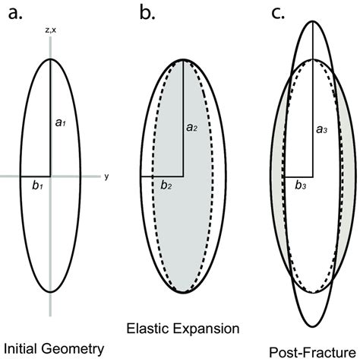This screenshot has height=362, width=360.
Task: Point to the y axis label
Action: point(107,176)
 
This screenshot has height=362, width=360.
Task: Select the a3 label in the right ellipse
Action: point(321,132)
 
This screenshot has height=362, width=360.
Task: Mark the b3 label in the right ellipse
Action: point(302,185)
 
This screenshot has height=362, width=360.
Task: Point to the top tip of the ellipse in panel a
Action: point(51,59)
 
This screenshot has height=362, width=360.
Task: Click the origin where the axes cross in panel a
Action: point(51,176)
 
